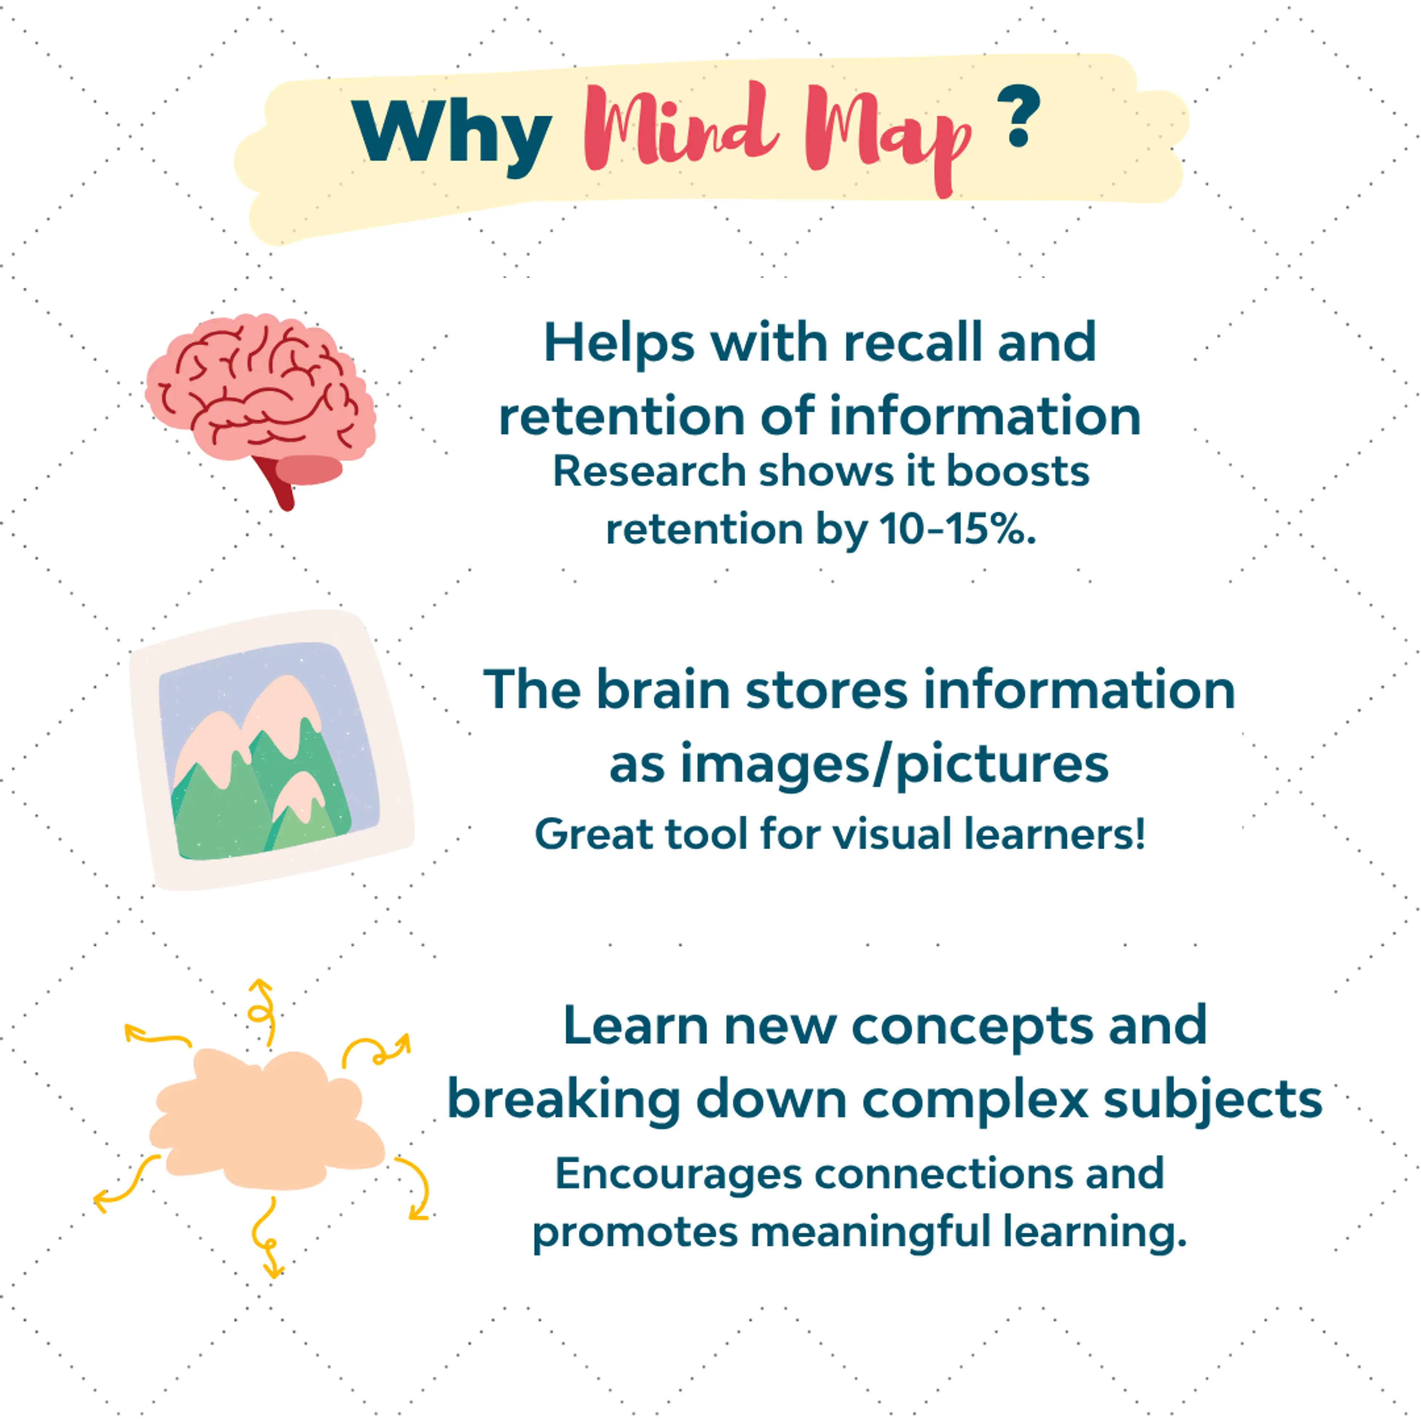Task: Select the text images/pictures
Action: [x=894, y=765]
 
